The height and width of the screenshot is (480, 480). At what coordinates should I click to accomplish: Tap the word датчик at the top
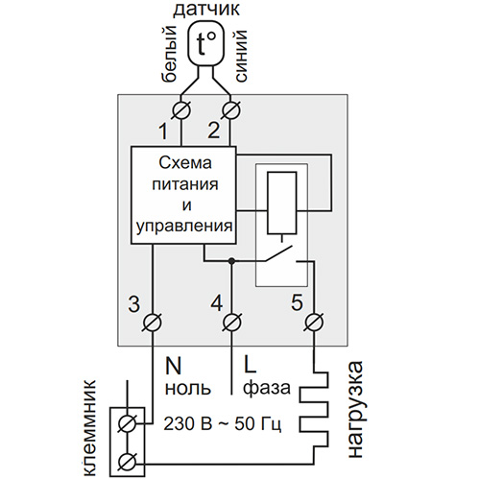coord(206,9)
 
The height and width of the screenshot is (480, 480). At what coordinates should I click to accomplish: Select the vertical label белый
coord(169,54)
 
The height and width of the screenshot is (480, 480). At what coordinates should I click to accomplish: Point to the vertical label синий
coord(242,56)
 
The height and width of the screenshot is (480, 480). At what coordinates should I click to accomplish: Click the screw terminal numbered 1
coord(181,110)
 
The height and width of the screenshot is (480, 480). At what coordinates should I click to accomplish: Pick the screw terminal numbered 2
coord(231,110)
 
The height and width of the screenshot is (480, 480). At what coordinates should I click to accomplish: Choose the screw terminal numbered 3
coord(152,323)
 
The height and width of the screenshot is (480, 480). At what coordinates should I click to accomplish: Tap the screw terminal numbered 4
coord(231,323)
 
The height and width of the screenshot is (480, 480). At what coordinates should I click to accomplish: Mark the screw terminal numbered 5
coord(314,323)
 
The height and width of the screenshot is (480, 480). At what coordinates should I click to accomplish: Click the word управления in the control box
coord(184,227)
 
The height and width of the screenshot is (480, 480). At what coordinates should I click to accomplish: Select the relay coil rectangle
coord(282,203)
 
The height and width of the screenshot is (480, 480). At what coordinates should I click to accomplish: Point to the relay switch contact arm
coord(278,253)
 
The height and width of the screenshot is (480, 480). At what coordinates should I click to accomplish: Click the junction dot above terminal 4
coord(231,261)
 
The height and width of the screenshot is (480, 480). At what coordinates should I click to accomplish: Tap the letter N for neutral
coord(173,366)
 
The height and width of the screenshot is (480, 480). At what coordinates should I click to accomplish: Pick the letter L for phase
coord(250,365)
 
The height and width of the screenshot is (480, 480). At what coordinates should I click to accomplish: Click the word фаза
coord(267,388)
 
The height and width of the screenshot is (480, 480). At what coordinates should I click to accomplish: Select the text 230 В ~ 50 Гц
coord(223,424)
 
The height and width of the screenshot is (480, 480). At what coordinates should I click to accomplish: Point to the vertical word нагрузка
coord(356,410)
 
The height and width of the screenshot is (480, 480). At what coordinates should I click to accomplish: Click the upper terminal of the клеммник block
coord(127,424)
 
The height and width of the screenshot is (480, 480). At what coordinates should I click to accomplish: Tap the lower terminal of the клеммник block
coord(127,463)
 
